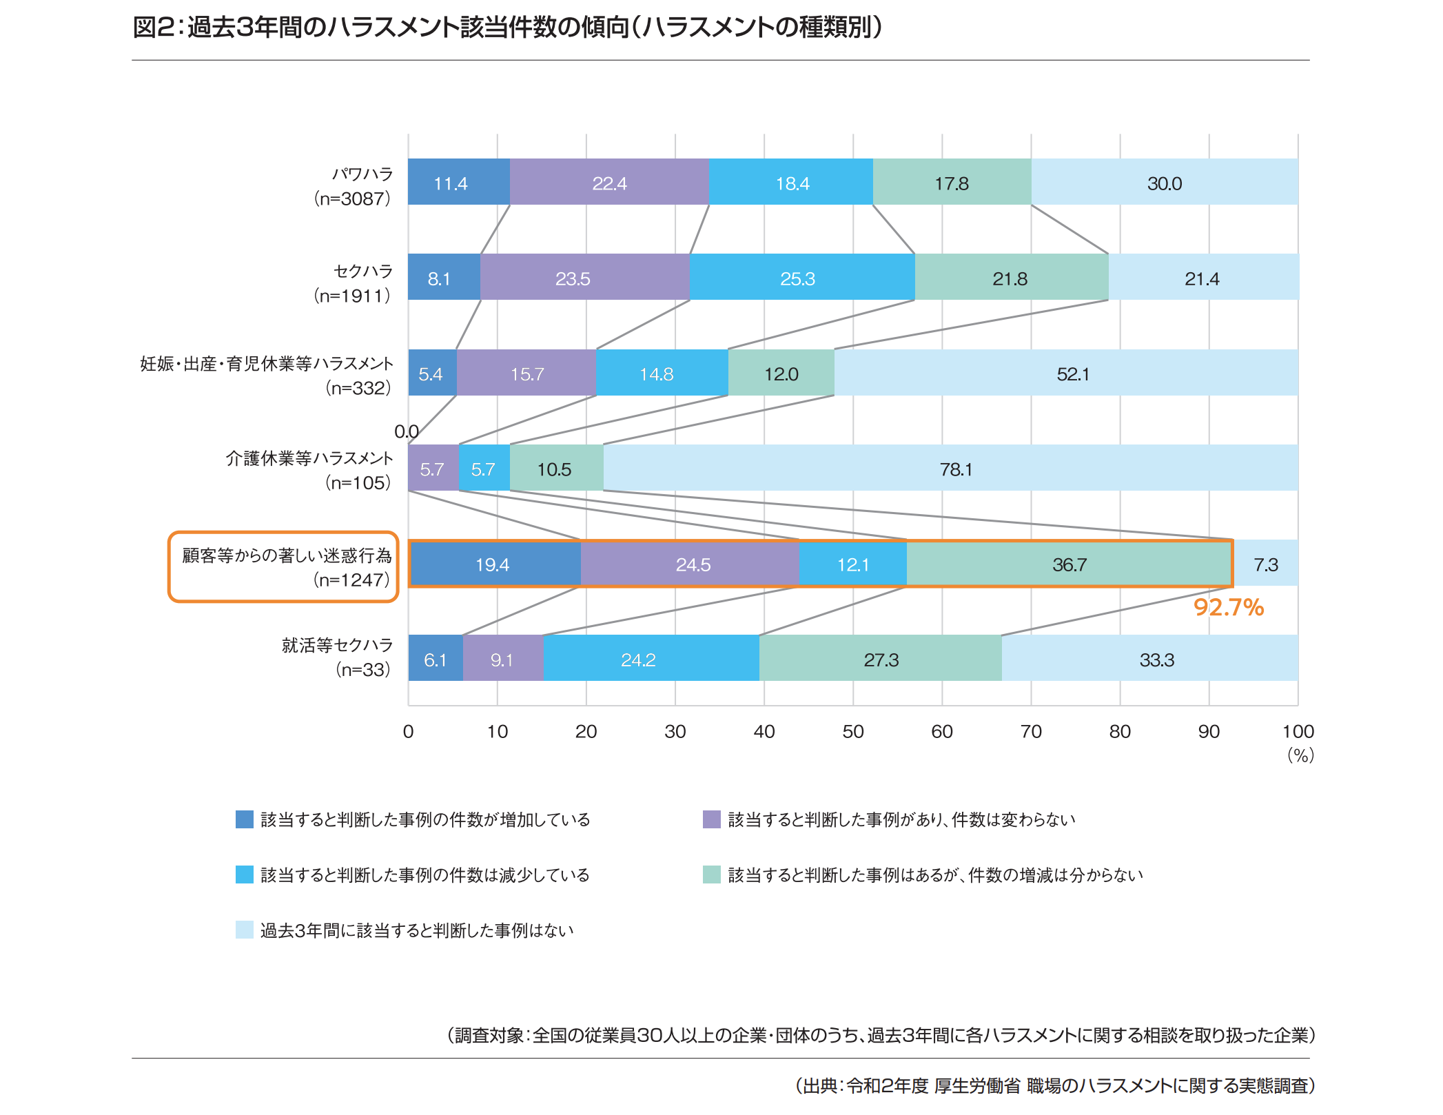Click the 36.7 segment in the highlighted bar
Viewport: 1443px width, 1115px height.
click(1069, 564)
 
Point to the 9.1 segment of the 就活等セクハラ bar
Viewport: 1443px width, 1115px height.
click(502, 659)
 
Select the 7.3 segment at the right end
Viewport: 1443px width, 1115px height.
click(1266, 564)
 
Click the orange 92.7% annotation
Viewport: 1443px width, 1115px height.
click(1228, 607)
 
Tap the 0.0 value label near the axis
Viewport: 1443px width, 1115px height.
click(406, 431)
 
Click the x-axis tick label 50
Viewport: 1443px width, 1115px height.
click(853, 732)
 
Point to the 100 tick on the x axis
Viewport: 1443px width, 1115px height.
click(1298, 732)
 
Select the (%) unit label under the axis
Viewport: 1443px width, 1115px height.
click(1300, 755)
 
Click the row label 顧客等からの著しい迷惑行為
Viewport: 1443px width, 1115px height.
click(287, 555)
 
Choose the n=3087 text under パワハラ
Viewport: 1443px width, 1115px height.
click(353, 199)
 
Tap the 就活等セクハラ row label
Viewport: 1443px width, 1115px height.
click(337, 645)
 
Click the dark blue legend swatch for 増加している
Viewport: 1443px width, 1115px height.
click(245, 819)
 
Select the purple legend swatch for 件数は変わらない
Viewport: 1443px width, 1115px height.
click(712, 819)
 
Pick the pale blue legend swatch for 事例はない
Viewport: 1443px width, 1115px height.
click(245, 930)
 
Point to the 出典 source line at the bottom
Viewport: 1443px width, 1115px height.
click(1054, 1085)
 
